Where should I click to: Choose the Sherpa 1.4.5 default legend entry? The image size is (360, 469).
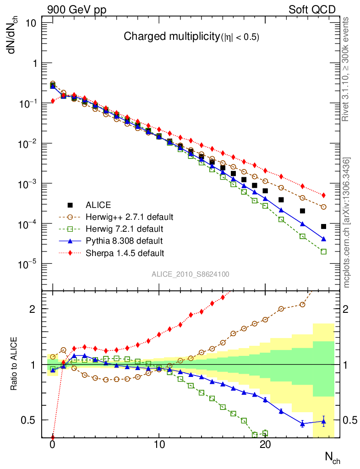125,252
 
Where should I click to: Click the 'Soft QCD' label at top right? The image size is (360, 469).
312,10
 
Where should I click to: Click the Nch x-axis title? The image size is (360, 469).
332,457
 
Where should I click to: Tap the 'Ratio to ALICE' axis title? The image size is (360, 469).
14,364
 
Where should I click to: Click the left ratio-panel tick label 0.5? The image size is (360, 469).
30,420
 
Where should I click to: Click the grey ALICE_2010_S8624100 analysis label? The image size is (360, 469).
191,274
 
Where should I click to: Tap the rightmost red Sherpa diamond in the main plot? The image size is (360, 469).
323,195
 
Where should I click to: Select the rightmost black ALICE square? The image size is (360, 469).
323,226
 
